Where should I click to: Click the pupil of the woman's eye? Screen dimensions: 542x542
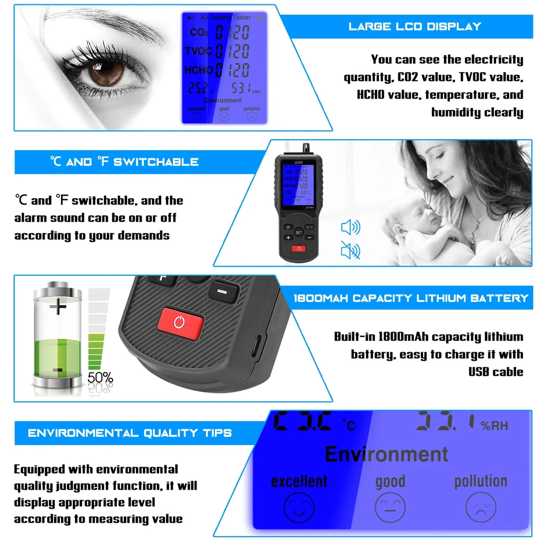107,71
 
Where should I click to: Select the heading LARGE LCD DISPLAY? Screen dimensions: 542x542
415,26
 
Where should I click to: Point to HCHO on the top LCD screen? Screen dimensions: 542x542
198,70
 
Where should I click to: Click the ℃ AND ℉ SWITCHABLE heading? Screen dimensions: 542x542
125,162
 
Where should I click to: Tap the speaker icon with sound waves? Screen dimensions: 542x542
350,227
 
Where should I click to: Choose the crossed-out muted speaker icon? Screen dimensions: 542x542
350,250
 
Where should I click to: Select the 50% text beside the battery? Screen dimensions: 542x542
100,378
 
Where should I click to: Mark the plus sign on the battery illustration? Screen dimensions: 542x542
58,306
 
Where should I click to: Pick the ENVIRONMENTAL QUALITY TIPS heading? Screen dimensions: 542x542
129,433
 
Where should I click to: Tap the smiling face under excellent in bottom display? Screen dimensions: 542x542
299,507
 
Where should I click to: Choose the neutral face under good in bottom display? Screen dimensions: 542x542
390,507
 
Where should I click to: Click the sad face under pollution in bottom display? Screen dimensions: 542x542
480,507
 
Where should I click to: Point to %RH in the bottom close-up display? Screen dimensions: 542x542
494,425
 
